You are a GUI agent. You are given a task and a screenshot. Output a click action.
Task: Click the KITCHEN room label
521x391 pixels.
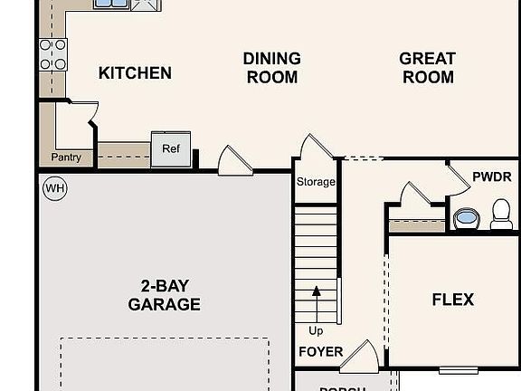(x=135, y=73)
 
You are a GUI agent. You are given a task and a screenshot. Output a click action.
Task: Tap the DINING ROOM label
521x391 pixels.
(x=271, y=68)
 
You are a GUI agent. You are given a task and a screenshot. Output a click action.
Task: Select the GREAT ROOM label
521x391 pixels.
(x=427, y=68)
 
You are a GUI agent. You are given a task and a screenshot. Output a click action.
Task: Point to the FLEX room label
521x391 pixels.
(x=452, y=300)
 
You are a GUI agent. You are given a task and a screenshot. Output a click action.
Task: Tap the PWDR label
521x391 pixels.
(x=491, y=176)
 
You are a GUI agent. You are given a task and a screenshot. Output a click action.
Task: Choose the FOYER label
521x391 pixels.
(x=320, y=352)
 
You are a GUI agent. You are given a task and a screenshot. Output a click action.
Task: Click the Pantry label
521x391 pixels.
(x=66, y=157)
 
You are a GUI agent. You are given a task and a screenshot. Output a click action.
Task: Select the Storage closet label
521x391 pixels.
(x=316, y=182)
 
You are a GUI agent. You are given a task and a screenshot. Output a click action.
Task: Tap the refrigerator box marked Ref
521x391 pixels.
(x=171, y=149)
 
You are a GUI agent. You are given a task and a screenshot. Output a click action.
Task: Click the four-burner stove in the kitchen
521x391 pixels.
(x=52, y=54)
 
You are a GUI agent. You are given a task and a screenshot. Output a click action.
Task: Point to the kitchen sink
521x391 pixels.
(x=110, y=5)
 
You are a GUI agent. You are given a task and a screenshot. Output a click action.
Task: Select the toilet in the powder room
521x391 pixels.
(x=501, y=215)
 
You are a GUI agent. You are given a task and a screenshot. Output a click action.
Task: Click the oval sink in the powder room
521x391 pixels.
(x=466, y=218)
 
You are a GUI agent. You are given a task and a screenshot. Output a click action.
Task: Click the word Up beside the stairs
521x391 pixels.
(x=316, y=330)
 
